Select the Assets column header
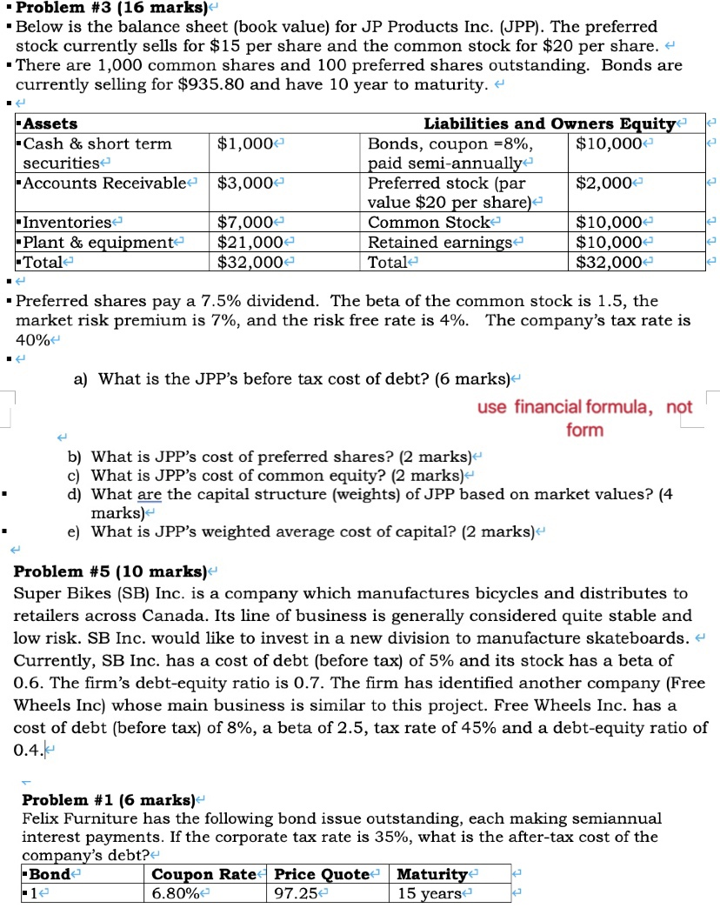[x=51, y=125]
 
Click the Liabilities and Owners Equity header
[x=549, y=125]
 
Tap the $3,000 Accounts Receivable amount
[x=245, y=183]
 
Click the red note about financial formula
[x=584, y=418]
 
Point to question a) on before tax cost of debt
[x=303, y=378]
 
